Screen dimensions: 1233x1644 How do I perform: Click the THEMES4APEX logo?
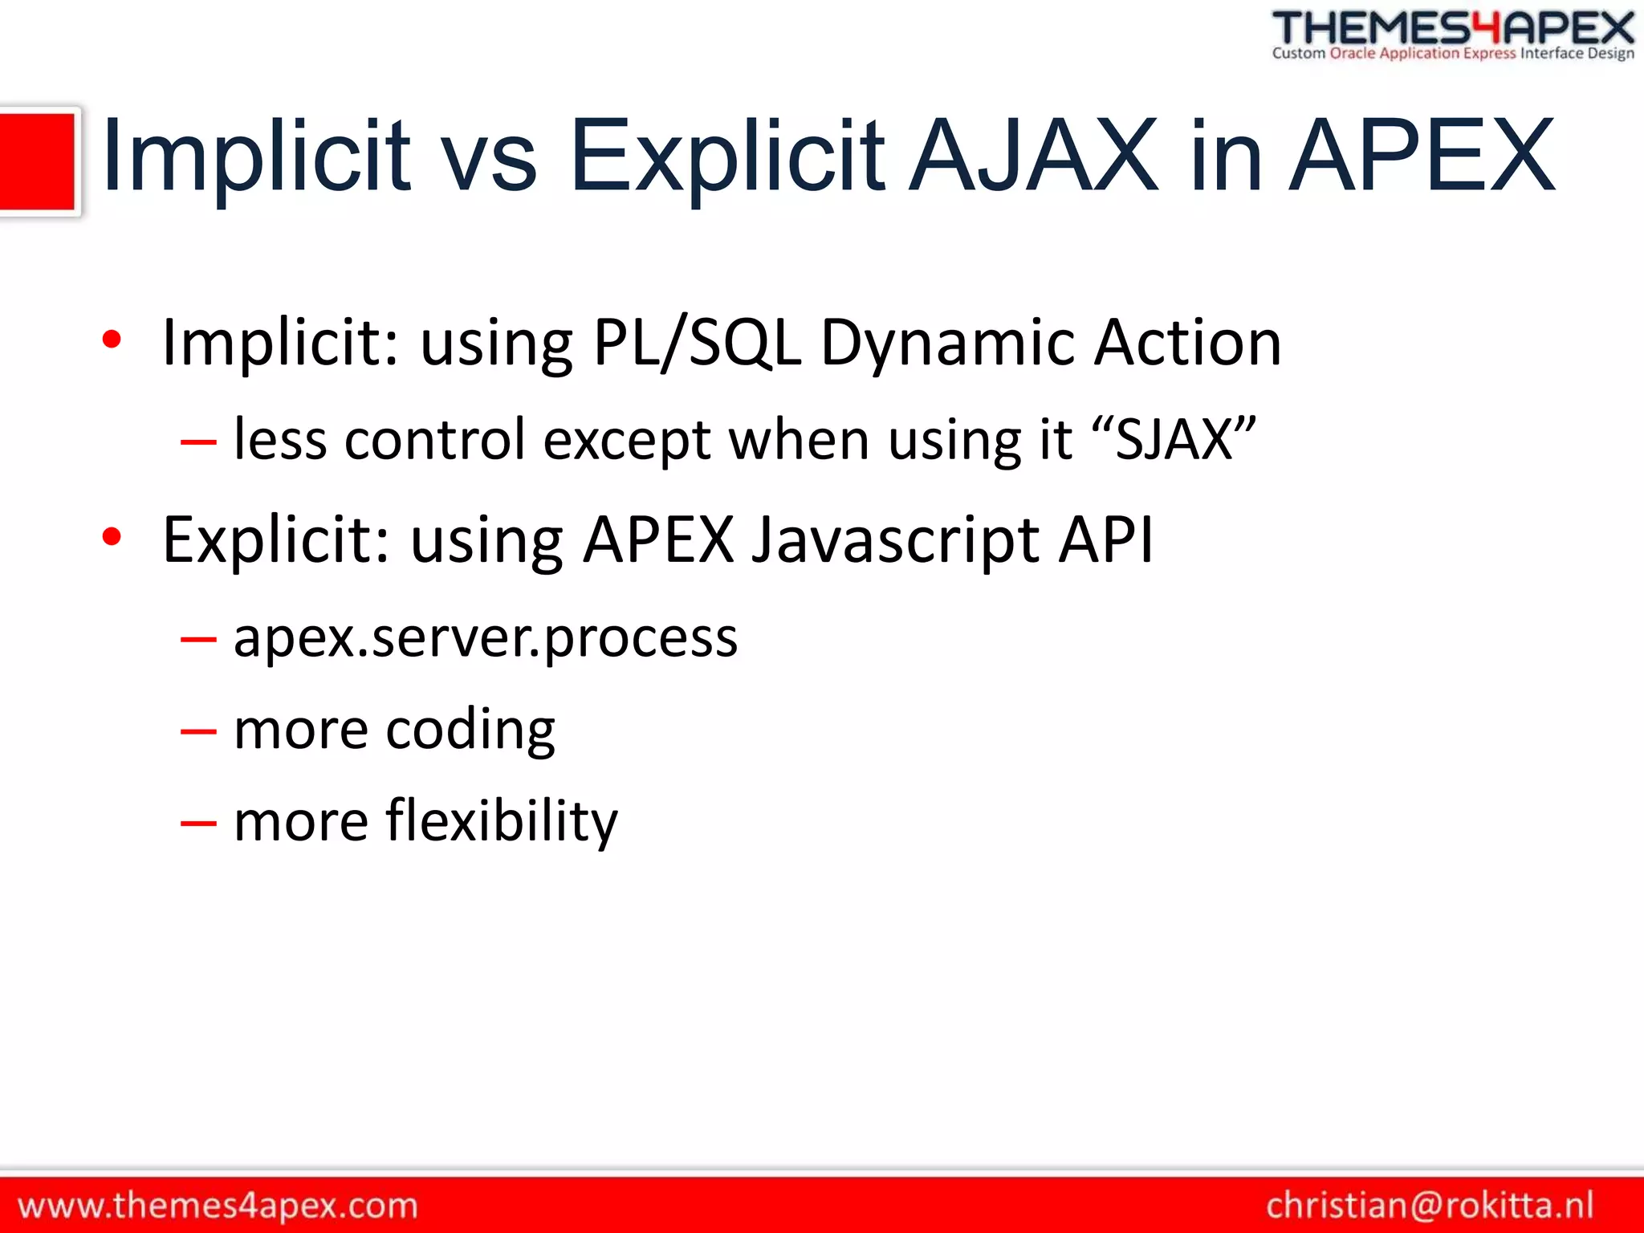pos(1453,35)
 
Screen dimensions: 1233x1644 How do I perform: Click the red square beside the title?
pos(37,161)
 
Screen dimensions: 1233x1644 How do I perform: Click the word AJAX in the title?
pos(1034,157)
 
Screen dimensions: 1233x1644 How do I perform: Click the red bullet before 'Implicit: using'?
pos(112,340)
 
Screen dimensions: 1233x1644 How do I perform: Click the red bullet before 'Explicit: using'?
pos(112,537)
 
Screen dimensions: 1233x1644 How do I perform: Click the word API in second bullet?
pos(1105,539)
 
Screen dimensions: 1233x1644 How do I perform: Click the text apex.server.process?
pos(485,639)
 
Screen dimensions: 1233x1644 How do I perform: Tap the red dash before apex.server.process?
pos(198,640)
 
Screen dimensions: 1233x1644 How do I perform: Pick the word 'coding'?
pos(470,730)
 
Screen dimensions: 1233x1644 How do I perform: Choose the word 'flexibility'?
pos(502,821)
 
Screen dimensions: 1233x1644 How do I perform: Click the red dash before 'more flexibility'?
pos(198,823)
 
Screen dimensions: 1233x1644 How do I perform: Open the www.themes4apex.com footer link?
pos(218,1205)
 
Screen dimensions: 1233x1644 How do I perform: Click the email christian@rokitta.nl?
pos(1429,1205)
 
